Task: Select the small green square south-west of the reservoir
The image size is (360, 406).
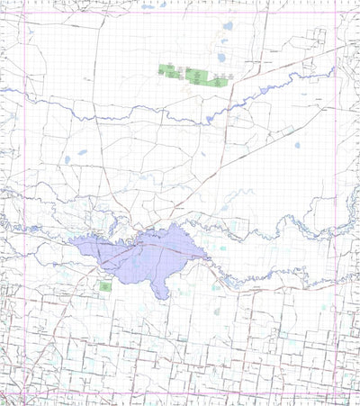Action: pos(104,286)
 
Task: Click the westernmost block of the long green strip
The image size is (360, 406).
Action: pos(165,69)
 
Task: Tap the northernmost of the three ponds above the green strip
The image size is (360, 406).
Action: pos(227,26)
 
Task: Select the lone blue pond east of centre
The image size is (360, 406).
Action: pos(296,144)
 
